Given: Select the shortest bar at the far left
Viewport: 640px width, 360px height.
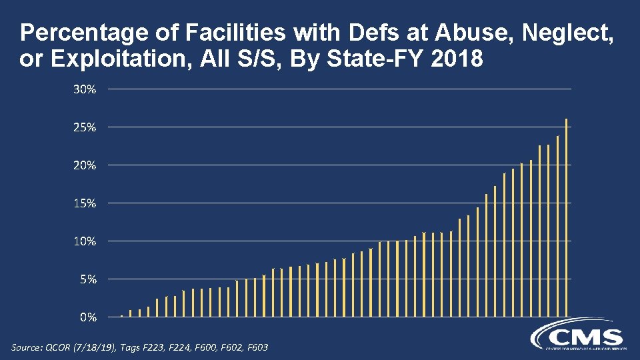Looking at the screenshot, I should coord(121,315).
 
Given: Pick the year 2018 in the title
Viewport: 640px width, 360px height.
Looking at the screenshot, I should coord(457,60).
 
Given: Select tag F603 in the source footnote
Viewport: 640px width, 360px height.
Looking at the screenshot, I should coord(255,347).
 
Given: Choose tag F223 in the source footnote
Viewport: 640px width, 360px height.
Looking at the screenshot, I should coord(163,347).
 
